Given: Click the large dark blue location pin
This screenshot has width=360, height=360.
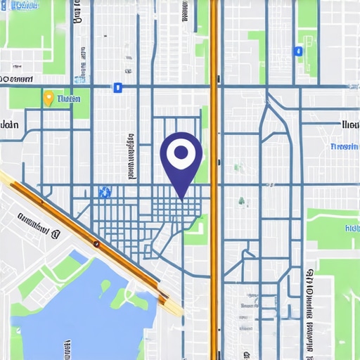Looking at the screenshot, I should point(181,158).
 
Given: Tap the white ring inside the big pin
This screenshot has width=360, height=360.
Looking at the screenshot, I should point(181,151).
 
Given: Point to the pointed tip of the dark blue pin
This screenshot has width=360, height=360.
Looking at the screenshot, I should point(181,198).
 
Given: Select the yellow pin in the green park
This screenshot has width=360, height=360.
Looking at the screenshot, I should point(49,98).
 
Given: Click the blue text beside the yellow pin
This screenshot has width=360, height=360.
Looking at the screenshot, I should point(68,99).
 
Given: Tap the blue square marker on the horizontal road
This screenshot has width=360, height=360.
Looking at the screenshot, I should point(117,87).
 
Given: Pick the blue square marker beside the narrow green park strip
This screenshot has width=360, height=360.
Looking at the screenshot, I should point(298,51).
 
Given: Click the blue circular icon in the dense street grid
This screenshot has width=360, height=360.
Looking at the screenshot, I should point(105,191).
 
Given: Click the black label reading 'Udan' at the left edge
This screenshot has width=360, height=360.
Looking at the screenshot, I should point(9,125).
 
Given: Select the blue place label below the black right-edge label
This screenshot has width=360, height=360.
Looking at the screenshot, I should point(344,147).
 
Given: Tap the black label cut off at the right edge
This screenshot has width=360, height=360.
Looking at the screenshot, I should point(349,124).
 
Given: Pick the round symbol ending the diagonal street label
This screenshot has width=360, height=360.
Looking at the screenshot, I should point(55,229).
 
